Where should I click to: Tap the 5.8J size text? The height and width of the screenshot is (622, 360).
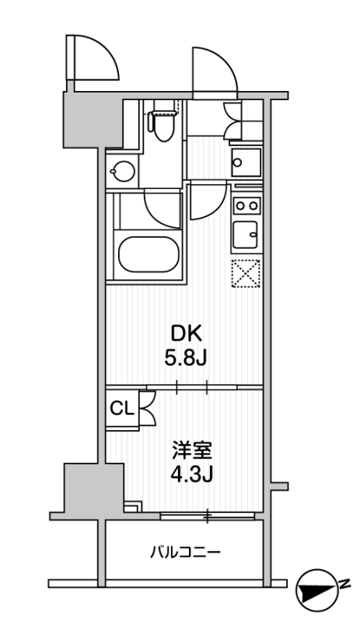186,359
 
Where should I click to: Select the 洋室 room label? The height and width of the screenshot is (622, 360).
192,450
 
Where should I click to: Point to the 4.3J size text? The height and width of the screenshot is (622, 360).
192,473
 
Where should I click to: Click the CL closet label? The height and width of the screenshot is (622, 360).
122,409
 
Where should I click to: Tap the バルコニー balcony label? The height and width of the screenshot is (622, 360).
185,552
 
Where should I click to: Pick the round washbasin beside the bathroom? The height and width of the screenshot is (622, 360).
122,171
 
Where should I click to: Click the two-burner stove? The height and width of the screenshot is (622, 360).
246,205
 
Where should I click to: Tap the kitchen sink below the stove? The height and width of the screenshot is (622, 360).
246,235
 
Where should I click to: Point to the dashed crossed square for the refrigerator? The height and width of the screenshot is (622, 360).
246,273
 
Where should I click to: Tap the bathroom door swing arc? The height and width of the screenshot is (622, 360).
163,210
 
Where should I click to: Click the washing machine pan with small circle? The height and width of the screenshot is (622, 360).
246,162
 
